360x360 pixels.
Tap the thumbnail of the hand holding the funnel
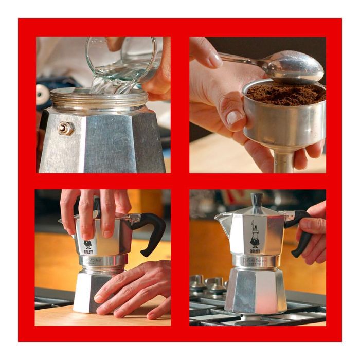pyautogui.click(x=235, y=117)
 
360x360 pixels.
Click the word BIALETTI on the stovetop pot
pyautogui.click(x=255, y=251)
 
